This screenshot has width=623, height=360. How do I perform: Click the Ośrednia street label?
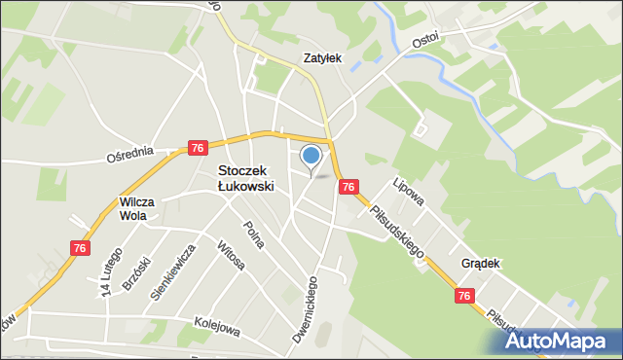(x=130, y=156)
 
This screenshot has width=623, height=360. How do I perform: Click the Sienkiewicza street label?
(x=173, y=275)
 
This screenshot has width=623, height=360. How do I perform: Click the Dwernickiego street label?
(x=307, y=310)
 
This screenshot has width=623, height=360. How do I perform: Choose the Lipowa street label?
(x=409, y=191)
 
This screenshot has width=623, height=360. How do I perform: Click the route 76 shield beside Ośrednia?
(x=198, y=147)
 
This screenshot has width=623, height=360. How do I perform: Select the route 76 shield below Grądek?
(x=464, y=296)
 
